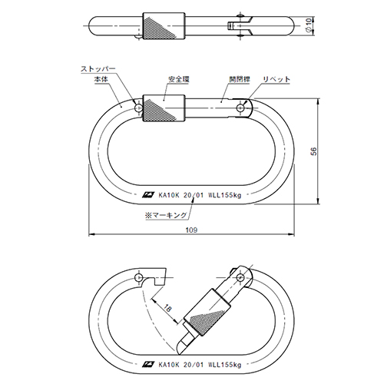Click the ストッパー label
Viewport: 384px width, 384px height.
(x=98, y=69)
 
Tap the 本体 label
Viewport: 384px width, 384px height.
(x=101, y=79)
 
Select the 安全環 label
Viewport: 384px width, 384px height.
(x=179, y=79)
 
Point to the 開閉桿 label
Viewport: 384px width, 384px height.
(x=240, y=79)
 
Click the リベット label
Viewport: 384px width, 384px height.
(x=276, y=79)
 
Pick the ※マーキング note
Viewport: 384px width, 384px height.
(x=166, y=215)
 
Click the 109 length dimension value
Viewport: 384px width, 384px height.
(x=191, y=230)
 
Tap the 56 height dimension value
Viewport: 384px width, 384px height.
(x=313, y=151)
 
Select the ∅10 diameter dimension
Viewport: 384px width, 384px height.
(x=309, y=25)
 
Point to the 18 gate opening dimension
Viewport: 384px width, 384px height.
(x=167, y=309)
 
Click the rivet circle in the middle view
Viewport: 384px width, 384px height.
(x=240, y=108)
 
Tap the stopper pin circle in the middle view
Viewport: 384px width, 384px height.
(x=138, y=108)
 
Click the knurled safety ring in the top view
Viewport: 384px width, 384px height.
(x=164, y=26)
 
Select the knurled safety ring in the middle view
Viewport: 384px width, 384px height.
(x=164, y=108)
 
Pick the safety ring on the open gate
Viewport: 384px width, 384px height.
(x=207, y=313)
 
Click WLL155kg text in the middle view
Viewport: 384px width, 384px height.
(x=225, y=195)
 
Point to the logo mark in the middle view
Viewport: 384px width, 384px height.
(x=149, y=195)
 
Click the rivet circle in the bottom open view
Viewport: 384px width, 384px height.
(x=240, y=277)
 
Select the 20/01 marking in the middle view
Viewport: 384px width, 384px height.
(x=194, y=195)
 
